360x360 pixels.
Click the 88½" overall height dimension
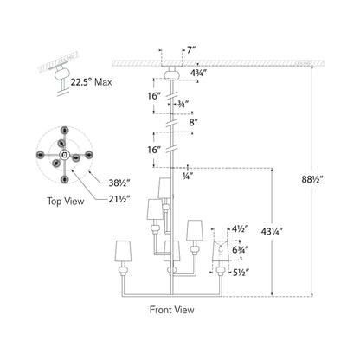click(x=312, y=179)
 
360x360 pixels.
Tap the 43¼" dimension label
click(x=272, y=231)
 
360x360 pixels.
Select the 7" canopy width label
click(x=191, y=50)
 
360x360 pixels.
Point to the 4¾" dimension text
click(x=199, y=73)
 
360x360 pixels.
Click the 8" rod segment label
click(x=194, y=123)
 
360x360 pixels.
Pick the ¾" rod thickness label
click(x=183, y=104)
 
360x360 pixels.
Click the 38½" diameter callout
click(x=119, y=183)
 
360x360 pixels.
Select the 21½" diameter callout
click(x=119, y=199)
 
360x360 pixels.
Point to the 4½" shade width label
click(x=241, y=229)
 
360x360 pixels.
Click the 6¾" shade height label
click(x=241, y=250)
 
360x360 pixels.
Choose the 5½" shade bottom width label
click(x=241, y=272)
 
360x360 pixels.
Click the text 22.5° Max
click(x=91, y=82)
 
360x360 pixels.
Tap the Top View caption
click(x=66, y=201)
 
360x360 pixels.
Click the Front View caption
click(x=172, y=310)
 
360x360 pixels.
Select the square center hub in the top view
click(x=64, y=155)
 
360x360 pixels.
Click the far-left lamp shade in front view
click(x=123, y=251)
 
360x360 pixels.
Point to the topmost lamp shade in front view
click(x=165, y=188)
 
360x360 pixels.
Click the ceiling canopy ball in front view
click(x=172, y=76)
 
